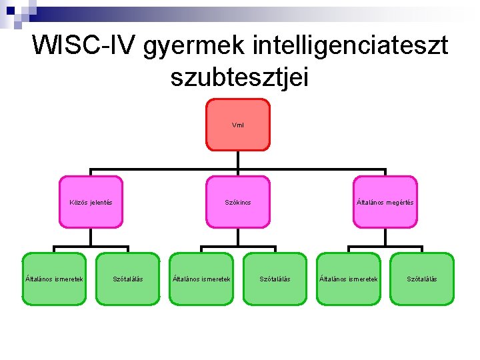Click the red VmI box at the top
coord(238,125)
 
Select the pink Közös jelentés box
coord(91,202)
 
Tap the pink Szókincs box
coord(238,202)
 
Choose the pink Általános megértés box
coord(385,202)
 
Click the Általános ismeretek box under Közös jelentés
coord(54,279)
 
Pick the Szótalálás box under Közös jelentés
coord(128,279)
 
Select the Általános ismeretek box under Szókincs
coord(201,279)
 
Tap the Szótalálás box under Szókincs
coord(275,279)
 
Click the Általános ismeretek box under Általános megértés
coord(349,279)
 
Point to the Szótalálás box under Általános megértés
coord(422,279)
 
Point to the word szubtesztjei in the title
coord(239,77)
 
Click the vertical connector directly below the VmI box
coord(238,159)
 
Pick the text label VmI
coord(238,125)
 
